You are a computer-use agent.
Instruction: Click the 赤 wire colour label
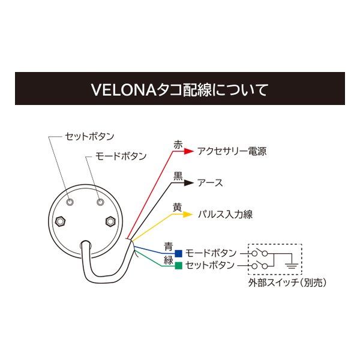click(178, 145)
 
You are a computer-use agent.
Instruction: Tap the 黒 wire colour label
click(178, 176)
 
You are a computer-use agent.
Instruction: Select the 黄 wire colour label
click(178, 207)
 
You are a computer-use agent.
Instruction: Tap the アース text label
click(210, 183)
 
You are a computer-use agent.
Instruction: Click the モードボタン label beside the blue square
click(211, 253)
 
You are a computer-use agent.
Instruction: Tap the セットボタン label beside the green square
click(211, 265)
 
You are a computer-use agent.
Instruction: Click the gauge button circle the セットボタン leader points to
click(70, 202)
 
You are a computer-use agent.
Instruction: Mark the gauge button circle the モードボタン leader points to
click(100, 203)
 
